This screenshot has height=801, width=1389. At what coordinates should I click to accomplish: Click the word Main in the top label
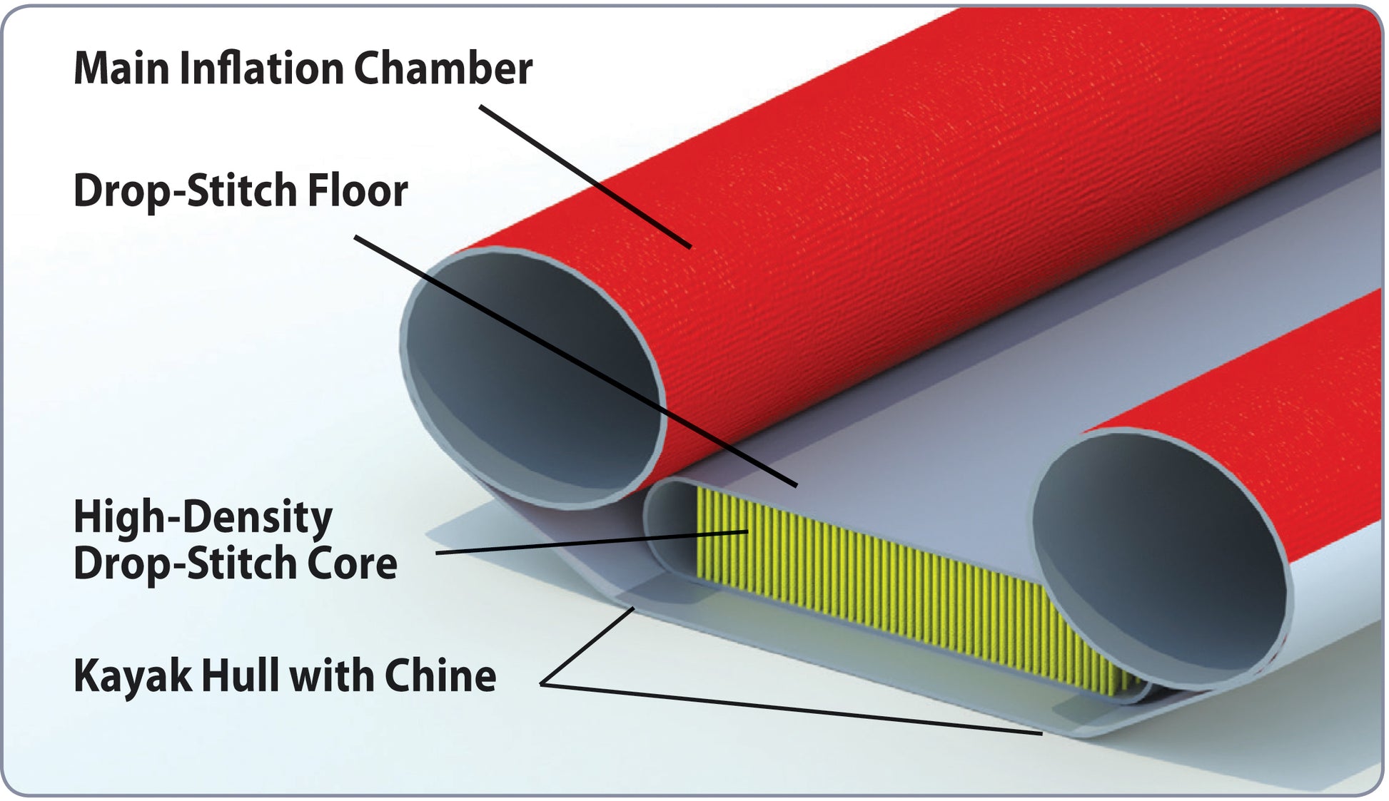pyautogui.click(x=121, y=69)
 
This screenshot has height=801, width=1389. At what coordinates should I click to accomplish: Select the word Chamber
pyautogui.click(x=443, y=69)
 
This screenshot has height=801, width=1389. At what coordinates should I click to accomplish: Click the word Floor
pyautogui.click(x=357, y=191)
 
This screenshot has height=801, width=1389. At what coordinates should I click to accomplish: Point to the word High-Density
pyautogui.click(x=203, y=517)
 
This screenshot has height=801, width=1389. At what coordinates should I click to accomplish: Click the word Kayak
pyautogui.click(x=133, y=676)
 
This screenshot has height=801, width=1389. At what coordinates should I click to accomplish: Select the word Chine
pyautogui.click(x=440, y=675)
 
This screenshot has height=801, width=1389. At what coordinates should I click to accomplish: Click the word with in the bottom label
pyautogui.click(x=325, y=675)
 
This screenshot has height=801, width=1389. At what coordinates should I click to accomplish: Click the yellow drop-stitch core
pyautogui.click(x=892, y=585)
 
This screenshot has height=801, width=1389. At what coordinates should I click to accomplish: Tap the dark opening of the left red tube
pyautogui.click(x=532, y=378)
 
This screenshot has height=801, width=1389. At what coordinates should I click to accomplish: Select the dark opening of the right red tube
pyautogui.click(x=1156, y=556)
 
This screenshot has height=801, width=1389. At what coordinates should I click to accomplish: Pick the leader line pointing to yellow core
pyautogui.click(x=592, y=542)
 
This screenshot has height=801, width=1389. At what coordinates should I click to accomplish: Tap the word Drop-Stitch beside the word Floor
pyautogui.click(x=186, y=191)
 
